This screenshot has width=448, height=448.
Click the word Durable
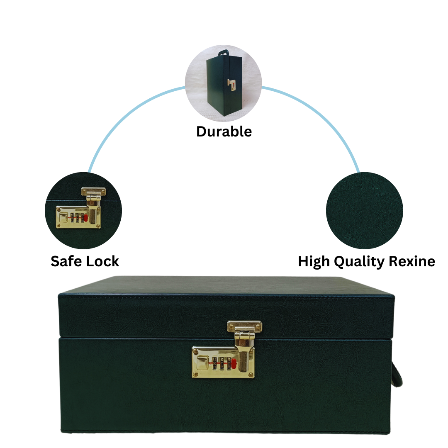[x=224, y=131]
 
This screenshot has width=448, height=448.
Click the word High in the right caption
[x=314, y=261]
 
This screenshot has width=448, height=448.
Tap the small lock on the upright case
[x=232, y=85]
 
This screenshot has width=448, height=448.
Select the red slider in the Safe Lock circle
[x=86, y=218]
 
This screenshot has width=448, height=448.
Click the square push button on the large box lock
[x=202, y=362]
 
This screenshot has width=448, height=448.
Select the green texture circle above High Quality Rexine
[x=364, y=210]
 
